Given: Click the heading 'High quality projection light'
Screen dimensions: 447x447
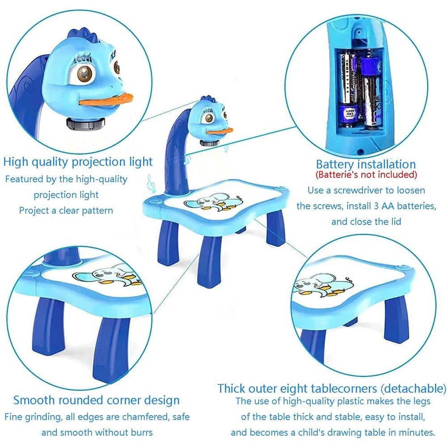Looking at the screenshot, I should coord(78,161).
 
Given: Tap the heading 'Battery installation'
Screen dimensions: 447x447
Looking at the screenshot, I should coord(366,164).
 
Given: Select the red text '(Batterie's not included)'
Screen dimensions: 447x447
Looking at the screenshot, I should coord(366,174).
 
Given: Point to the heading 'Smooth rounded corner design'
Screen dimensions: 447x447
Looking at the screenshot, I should coord(96,400).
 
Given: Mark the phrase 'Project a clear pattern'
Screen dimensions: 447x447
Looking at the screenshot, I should coord(66,210).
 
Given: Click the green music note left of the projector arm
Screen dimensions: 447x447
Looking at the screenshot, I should coord(151,183).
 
